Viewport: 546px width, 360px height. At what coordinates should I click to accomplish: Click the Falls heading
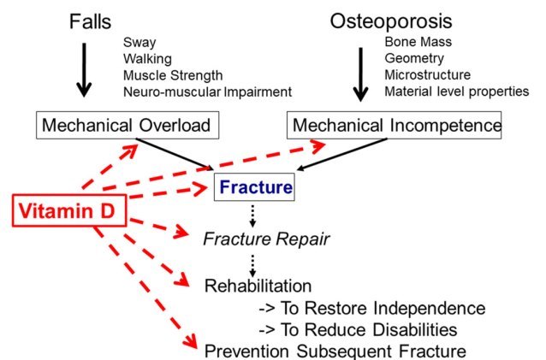point(90,21)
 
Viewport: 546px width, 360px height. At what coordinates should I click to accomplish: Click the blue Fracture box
point(254,185)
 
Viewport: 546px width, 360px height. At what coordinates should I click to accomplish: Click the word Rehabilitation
point(257,286)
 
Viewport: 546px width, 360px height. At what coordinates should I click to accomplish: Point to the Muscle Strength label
point(173,74)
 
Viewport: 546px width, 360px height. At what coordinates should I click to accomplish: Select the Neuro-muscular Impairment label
point(207,91)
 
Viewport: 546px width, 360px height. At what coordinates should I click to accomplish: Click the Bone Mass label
point(417,42)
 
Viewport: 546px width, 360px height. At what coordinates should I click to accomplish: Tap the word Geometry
point(413,58)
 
